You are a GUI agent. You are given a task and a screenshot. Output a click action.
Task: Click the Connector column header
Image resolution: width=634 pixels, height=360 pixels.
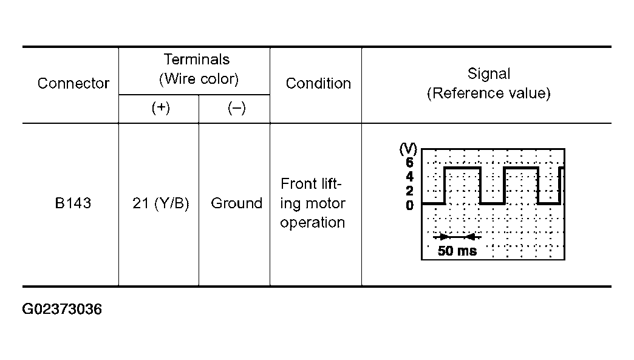click(73, 83)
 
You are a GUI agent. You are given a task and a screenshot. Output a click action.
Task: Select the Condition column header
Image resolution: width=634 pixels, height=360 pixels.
click(318, 83)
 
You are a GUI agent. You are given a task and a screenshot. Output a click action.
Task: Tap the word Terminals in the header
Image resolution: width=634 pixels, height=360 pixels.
click(197, 59)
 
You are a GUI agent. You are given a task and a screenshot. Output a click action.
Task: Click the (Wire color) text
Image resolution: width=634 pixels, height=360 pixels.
click(199, 79)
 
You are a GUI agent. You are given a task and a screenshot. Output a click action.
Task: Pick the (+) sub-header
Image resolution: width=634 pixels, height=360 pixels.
click(160, 108)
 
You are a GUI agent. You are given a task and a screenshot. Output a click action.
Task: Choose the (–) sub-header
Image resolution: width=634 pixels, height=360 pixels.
click(237, 108)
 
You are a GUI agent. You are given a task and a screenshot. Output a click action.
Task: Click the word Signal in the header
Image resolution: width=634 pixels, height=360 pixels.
click(489, 74)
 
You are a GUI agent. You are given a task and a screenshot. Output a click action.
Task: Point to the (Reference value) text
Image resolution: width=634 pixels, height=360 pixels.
click(489, 93)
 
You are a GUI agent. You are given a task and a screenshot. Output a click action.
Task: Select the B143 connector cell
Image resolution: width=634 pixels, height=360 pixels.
click(73, 203)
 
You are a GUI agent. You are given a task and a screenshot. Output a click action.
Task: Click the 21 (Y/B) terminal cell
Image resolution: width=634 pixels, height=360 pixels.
click(160, 203)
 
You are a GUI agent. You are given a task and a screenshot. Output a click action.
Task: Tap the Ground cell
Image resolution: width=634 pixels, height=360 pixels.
click(237, 203)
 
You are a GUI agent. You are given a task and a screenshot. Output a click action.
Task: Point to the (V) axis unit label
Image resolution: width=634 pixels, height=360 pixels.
click(408, 149)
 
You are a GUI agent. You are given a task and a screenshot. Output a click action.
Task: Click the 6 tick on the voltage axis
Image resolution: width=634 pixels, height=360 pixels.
click(409, 163)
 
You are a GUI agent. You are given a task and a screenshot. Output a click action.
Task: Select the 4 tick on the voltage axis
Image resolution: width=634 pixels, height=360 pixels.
click(409, 177)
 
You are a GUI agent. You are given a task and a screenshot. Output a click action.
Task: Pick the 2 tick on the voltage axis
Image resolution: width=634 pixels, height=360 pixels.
click(409, 191)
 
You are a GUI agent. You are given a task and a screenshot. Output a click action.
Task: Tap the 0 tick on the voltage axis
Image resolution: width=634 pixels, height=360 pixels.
click(409, 205)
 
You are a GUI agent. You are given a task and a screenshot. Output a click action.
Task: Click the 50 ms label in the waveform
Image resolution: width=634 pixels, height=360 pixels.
click(457, 251)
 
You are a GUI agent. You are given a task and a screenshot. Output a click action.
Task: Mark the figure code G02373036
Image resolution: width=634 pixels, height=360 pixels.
click(62, 309)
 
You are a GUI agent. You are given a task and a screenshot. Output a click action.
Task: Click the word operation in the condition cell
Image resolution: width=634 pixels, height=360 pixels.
click(313, 223)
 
